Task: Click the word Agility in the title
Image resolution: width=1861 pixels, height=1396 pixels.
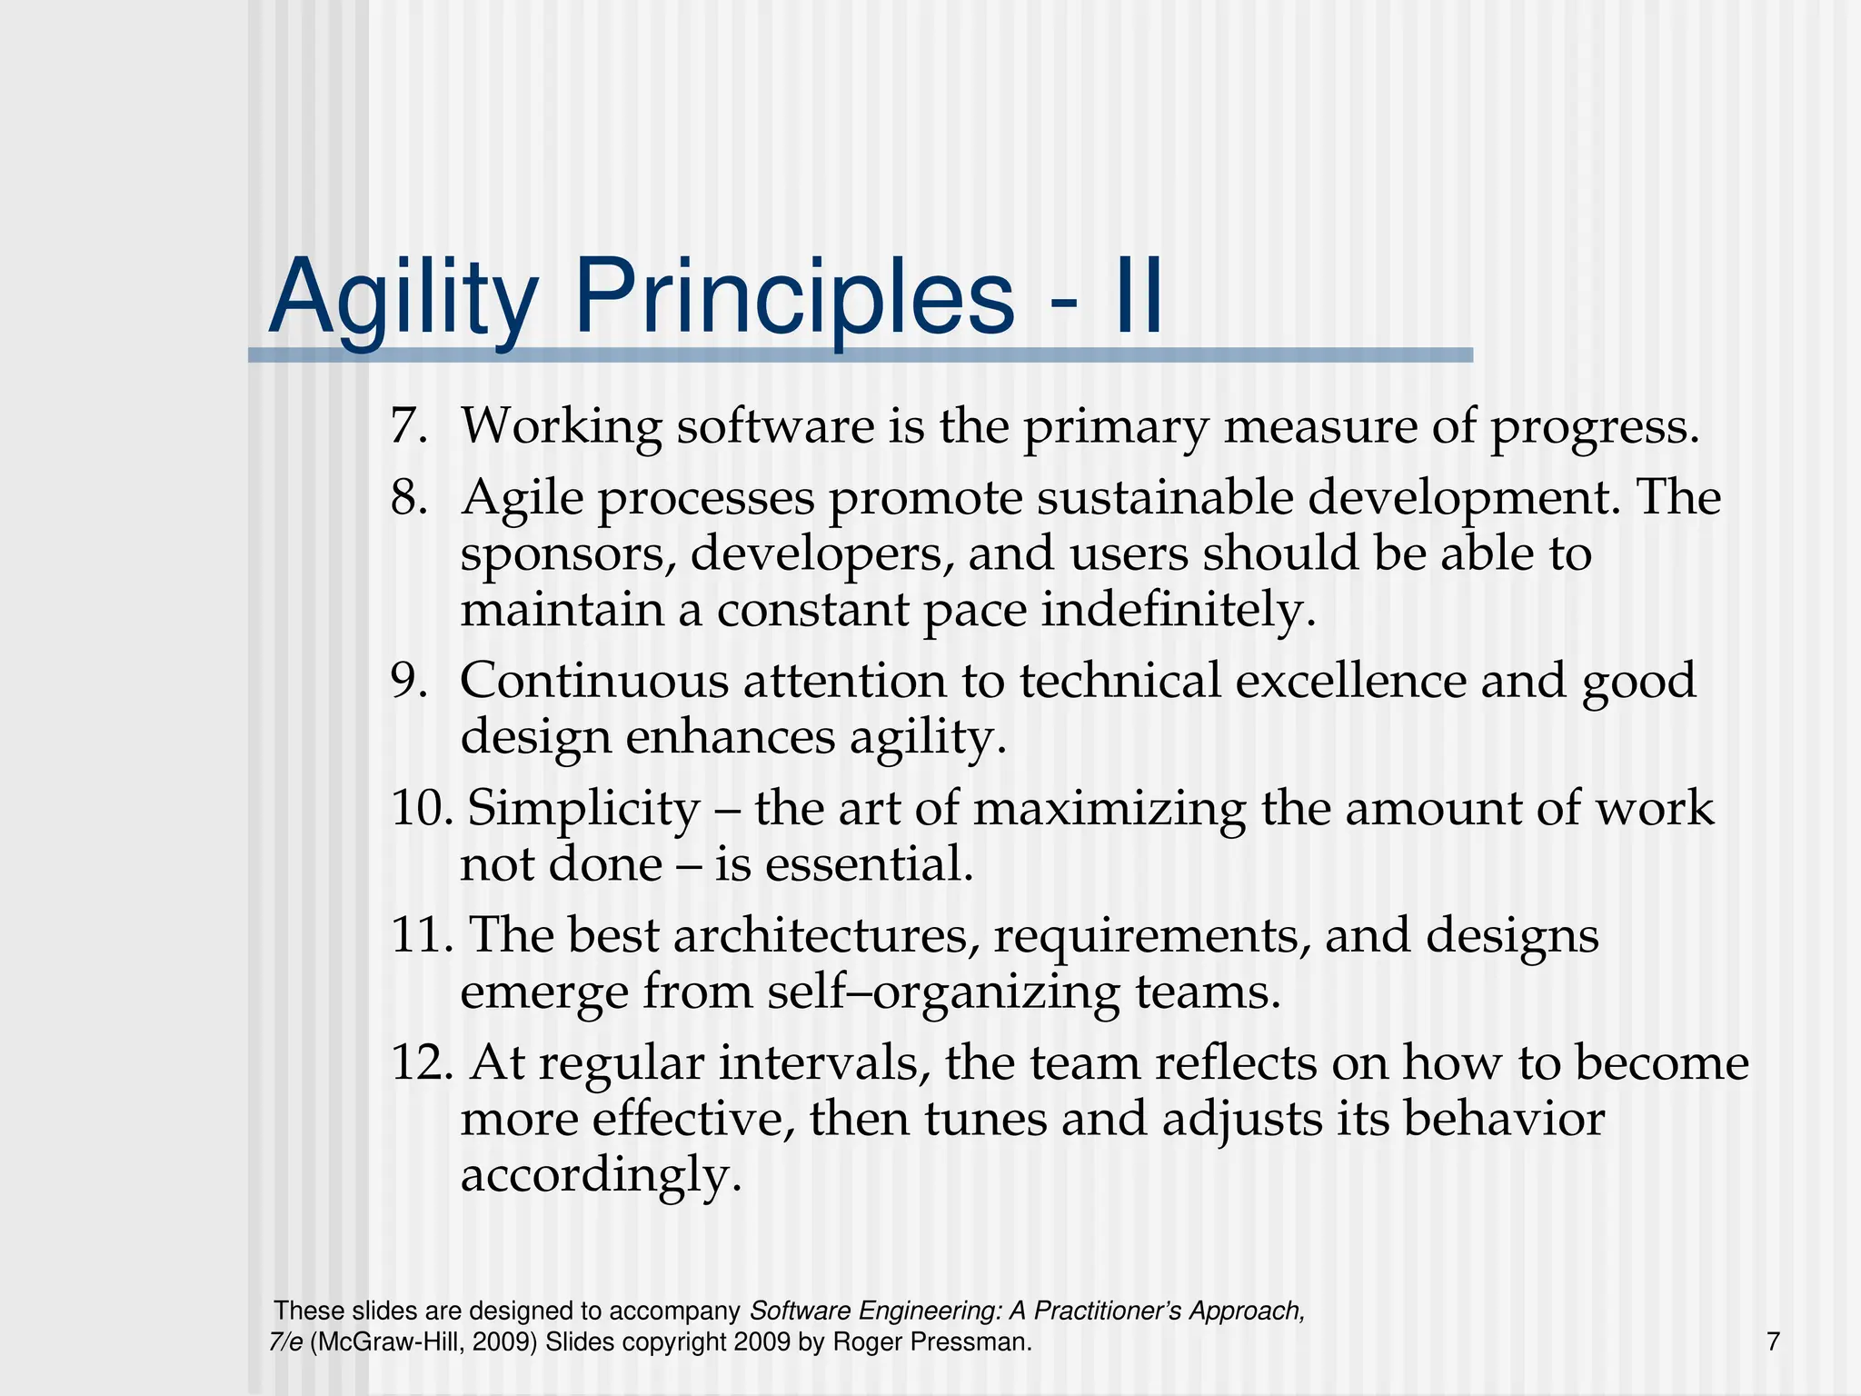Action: (x=403, y=298)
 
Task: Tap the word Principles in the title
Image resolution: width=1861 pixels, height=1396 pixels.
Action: (x=794, y=298)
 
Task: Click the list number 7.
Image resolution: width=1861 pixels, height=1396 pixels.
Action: (x=408, y=425)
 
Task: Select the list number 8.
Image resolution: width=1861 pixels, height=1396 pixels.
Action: (x=408, y=498)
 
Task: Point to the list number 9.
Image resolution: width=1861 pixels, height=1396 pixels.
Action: (x=408, y=681)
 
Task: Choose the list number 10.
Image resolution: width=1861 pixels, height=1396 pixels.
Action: (x=421, y=808)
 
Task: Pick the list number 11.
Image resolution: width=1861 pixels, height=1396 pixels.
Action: (x=421, y=935)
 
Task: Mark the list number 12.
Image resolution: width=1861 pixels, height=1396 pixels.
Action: (x=421, y=1062)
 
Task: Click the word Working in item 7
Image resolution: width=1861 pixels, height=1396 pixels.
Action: (x=561, y=425)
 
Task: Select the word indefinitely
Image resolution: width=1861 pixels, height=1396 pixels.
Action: (x=1179, y=610)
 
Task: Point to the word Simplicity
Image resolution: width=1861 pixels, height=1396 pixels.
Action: (x=582, y=808)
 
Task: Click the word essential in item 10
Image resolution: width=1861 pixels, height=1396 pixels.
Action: (x=869, y=863)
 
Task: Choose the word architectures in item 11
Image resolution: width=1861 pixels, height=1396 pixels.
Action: (x=826, y=935)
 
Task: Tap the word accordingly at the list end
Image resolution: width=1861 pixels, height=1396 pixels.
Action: (x=601, y=1175)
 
